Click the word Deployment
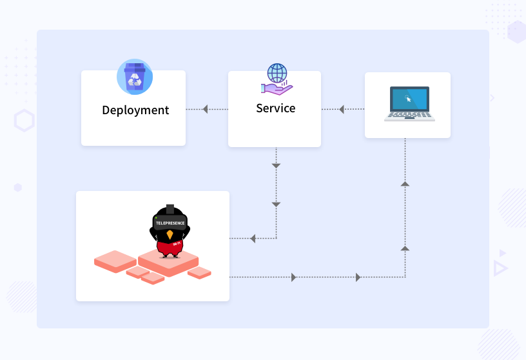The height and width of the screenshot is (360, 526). click(135, 110)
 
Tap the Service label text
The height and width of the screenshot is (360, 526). click(275, 108)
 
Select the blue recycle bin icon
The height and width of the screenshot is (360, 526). click(135, 77)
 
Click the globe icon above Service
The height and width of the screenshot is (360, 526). click(277, 72)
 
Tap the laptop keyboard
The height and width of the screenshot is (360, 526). click(409, 116)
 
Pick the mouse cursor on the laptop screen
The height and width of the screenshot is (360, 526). click(407, 99)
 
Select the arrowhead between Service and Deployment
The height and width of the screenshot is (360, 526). click(205, 110)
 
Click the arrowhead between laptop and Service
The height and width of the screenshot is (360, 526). click(342, 110)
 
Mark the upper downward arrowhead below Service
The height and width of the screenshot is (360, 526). click(276, 166)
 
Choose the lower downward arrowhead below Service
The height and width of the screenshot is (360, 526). click(276, 205)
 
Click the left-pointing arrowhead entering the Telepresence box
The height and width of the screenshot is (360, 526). click(253, 239)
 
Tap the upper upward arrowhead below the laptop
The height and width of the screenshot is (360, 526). click(405, 184)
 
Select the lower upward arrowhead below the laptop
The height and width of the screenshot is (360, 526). click(405, 247)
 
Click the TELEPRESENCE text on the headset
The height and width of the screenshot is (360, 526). click(170, 223)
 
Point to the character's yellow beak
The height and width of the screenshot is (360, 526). click(170, 234)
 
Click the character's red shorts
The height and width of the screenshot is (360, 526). click(170, 248)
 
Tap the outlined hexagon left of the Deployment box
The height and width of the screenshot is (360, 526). click(24, 121)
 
